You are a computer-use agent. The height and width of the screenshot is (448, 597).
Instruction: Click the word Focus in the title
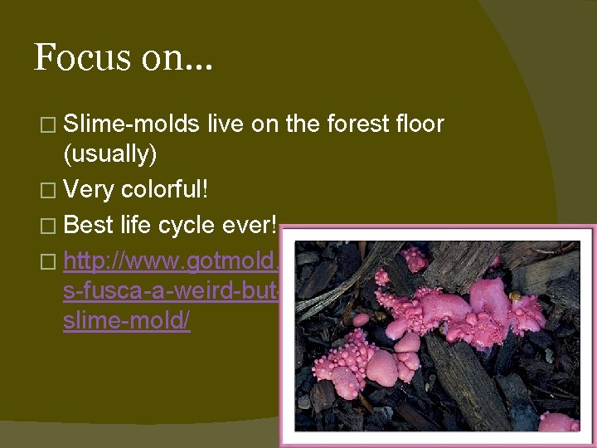81,57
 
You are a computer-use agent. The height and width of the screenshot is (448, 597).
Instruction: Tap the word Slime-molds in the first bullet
131,125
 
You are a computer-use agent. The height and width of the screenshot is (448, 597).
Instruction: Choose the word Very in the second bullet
89,190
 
